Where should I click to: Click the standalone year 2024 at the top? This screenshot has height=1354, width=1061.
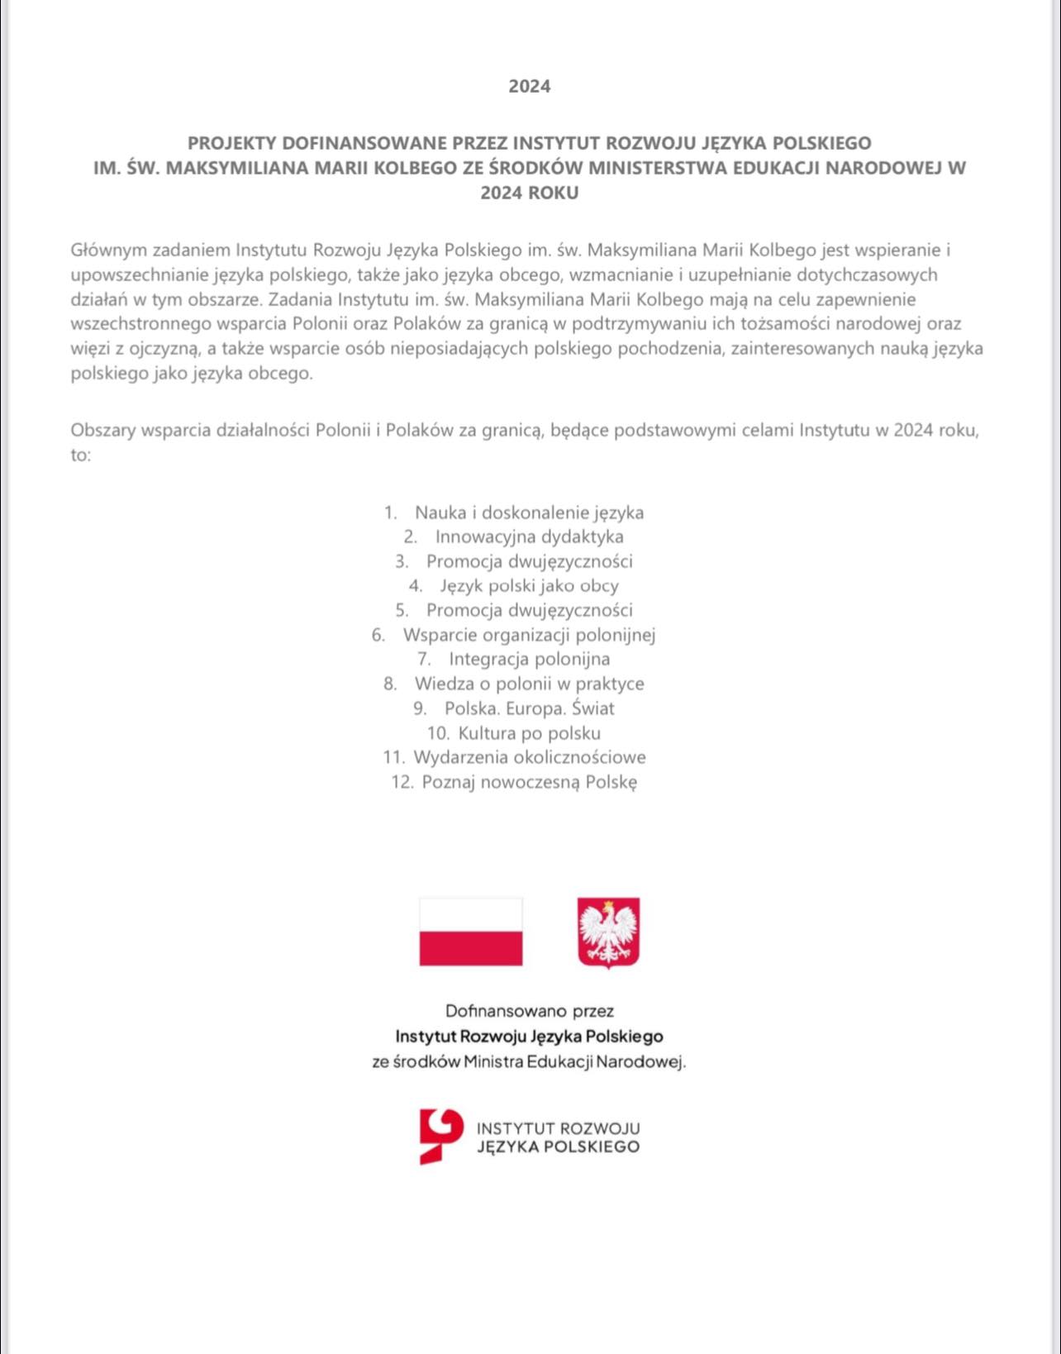coord(529,86)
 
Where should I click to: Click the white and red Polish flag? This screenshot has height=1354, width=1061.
coord(471,932)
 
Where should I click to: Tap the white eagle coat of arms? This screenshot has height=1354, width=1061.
coord(608,932)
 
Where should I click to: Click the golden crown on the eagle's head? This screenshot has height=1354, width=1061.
coord(610,904)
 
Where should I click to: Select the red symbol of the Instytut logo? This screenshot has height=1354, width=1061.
coord(440,1137)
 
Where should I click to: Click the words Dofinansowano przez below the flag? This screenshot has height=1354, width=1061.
coord(529,1011)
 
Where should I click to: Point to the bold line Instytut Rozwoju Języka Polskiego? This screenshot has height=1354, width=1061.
coord(529,1037)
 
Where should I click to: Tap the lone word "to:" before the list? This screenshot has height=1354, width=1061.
coord(80,455)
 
